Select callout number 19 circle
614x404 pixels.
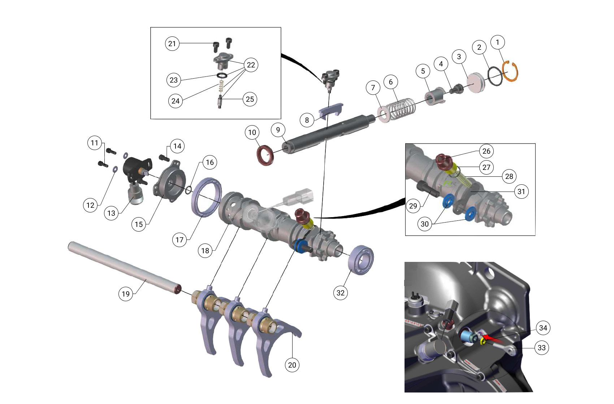click(x=126, y=294)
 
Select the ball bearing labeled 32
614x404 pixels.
click(x=360, y=260)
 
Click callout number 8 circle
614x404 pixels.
click(x=307, y=120)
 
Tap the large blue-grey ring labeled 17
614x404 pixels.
click(x=206, y=197)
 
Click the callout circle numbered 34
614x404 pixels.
click(x=543, y=328)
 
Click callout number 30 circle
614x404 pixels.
click(x=425, y=224)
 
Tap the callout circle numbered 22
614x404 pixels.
click(x=251, y=65)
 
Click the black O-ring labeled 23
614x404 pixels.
click(x=222, y=75)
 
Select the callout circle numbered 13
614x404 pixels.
click(x=111, y=213)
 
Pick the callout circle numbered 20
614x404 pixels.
click(x=292, y=365)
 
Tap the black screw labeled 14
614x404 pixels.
click(x=164, y=158)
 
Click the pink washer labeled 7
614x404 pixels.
click(x=383, y=114)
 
